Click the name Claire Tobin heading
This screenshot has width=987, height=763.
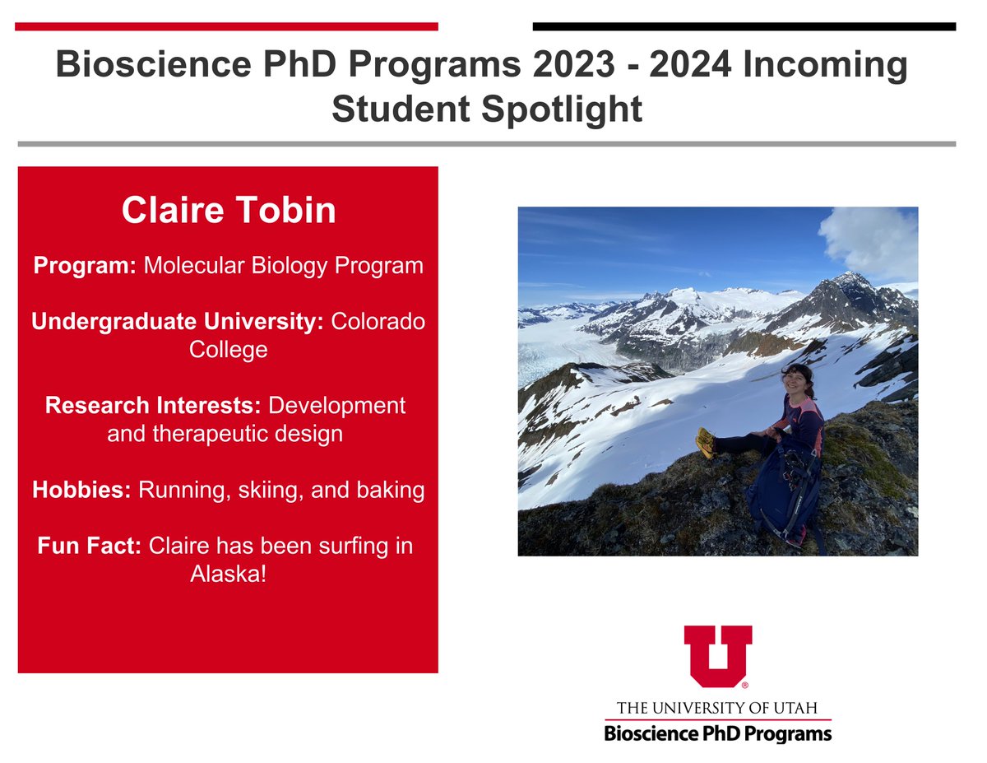[229, 211]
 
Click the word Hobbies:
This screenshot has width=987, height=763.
[81, 491]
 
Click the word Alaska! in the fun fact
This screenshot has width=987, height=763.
[229, 574]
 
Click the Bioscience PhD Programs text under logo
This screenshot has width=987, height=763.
[717, 733]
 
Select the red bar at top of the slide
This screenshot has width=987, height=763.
[226, 26]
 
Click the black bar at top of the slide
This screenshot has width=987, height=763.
[744, 26]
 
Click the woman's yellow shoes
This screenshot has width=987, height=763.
[706, 441]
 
